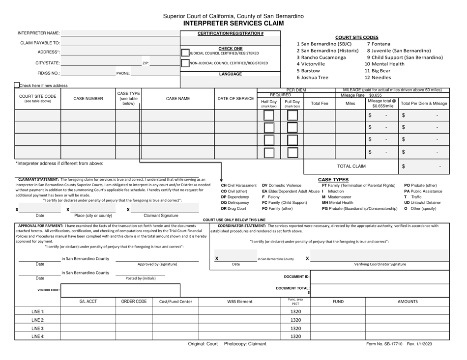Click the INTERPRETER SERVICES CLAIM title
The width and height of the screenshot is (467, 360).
(x=233, y=23)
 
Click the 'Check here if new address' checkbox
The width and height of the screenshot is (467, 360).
(x=17, y=86)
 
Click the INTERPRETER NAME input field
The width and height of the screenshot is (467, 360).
(x=120, y=33)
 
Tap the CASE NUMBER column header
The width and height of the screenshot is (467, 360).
(x=88, y=99)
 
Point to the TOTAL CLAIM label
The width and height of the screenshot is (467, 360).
(x=350, y=166)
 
